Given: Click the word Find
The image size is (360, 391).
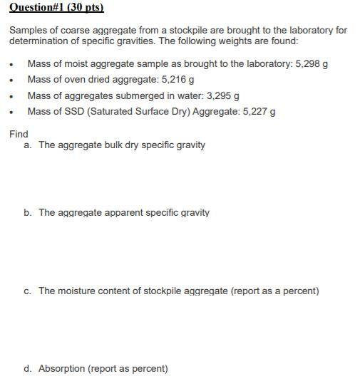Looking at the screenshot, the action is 19,134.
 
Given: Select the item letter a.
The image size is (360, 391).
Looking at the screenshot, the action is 27,145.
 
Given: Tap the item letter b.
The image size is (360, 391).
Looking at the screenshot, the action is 27,213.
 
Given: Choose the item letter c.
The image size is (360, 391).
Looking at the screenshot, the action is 27,291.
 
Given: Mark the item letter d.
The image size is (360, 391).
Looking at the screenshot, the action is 27,368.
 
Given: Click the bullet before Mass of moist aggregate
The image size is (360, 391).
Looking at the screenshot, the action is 14,65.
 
